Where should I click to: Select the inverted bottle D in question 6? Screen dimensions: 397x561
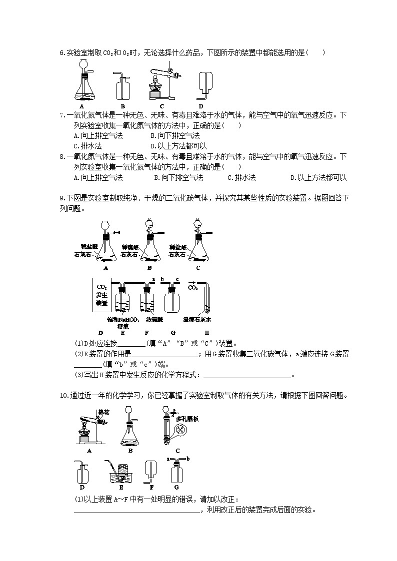[202, 82]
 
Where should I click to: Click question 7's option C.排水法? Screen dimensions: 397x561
[87, 146]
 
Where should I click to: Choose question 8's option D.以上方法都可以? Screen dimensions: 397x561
[318, 177]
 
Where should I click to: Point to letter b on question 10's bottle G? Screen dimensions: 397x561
[187, 458]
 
